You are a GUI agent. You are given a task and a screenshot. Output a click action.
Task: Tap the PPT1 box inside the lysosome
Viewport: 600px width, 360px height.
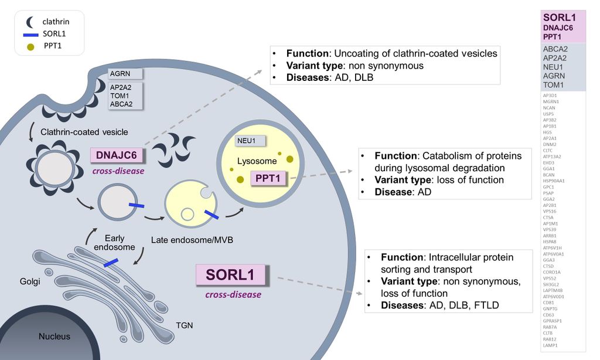click(269, 178)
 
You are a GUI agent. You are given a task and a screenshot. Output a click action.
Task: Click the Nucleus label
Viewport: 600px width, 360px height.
click(54, 337)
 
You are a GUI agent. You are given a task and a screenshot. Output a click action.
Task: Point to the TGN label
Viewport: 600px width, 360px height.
click(185, 325)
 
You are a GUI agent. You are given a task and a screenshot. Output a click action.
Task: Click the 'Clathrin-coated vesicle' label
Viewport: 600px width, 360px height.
click(84, 132)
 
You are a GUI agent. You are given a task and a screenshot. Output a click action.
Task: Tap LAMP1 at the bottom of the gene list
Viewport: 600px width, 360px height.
click(550, 345)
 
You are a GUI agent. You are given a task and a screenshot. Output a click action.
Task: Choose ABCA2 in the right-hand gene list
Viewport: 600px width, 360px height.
click(555, 49)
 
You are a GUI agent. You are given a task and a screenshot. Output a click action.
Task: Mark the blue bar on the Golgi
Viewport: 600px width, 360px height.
click(111, 264)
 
